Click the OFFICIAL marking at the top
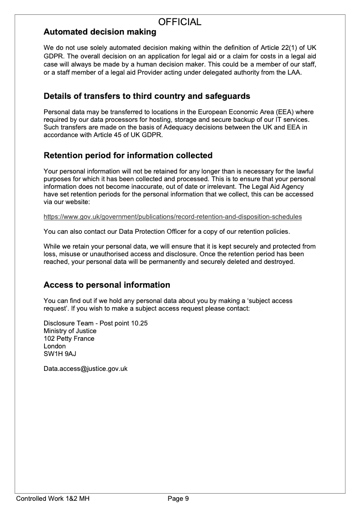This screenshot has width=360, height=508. pos(180,22)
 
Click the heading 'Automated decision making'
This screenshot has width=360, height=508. pos(100,32)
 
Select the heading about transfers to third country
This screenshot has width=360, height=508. pos(147,96)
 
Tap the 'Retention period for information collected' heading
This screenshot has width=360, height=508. pos(128,156)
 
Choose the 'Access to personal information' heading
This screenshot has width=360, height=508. pos(107,285)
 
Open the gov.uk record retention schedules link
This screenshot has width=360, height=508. pos(173,217)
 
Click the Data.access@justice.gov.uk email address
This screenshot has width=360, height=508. pos(85,369)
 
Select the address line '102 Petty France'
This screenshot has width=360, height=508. pos(69,339)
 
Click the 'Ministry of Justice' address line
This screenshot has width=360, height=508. pos(70,331)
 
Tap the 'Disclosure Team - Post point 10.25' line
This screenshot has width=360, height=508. pos(96,323)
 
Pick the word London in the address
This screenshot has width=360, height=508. pos(54,346)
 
